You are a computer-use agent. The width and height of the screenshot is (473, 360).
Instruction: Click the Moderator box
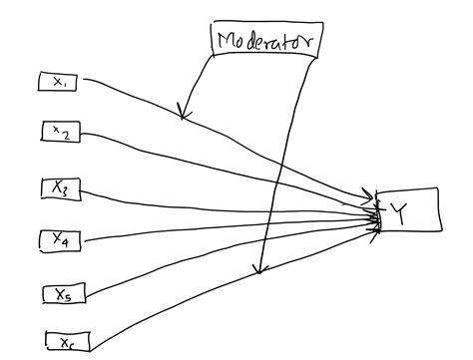click(263, 40)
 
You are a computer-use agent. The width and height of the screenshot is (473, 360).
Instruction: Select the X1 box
click(59, 82)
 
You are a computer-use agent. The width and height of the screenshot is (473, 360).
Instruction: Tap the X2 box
click(61, 131)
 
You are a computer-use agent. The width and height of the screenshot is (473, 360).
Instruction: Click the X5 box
click(64, 293)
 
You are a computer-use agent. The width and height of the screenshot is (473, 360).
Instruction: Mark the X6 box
click(66, 342)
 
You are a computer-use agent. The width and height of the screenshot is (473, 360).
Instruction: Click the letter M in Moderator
click(226, 41)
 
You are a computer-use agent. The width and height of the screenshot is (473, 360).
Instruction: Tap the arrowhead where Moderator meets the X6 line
click(259, 269)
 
